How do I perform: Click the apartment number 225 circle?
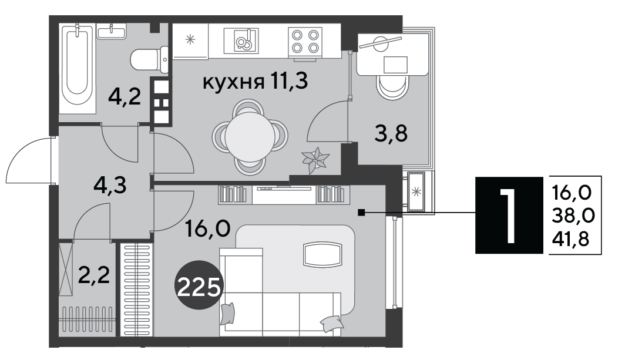199,285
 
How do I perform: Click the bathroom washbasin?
112,31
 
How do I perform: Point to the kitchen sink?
241,41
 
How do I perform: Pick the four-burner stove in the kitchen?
305,41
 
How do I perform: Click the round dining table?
250,136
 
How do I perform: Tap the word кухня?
233,83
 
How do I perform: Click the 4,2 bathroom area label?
125,96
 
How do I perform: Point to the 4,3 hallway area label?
110,185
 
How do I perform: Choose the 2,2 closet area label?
93,275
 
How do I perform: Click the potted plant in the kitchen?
315,160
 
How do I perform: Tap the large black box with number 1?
509,215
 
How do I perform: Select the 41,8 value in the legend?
570,240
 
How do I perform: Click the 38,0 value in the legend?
573,216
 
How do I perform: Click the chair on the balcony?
392,87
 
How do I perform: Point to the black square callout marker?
361,213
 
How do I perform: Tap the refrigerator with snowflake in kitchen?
190,40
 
